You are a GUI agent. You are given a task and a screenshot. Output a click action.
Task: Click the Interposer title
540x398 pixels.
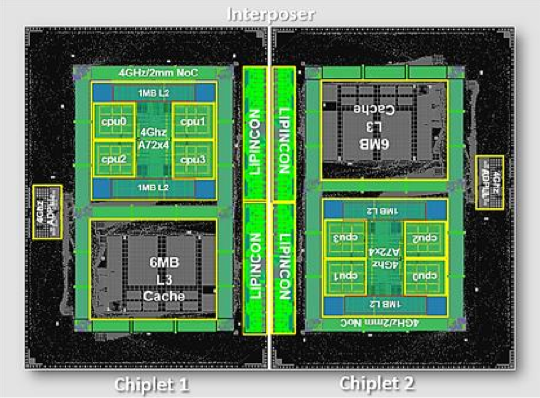(x=270, y=13)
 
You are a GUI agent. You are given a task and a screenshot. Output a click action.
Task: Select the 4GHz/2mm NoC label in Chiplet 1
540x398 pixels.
(x=153, y=73)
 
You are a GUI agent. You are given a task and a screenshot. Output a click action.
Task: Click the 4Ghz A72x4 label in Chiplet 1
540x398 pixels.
(x=153, y=140)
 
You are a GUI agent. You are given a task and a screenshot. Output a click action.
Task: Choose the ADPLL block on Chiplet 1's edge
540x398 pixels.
(x=47, y=204)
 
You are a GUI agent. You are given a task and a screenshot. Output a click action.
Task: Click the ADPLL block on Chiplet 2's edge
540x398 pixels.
(x=490, y=182)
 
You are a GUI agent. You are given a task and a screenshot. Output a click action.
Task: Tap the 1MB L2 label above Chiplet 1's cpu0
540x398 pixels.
(x=153, y=92)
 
